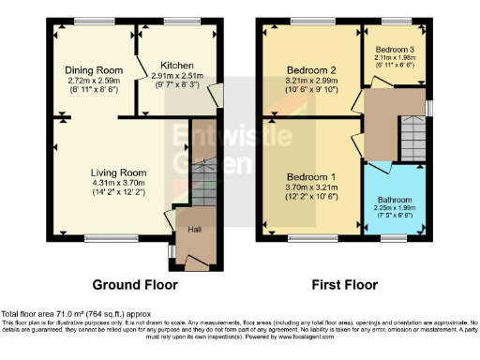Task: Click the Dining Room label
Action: coord(94,70)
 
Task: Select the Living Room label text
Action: coord(119,172)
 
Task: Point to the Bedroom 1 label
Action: coord(309,177)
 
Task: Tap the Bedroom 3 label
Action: coord(396,48)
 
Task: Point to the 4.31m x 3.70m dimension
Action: coord(119,184)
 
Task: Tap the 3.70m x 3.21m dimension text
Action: coord(309,188)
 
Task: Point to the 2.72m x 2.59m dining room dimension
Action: coord(94,82)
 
